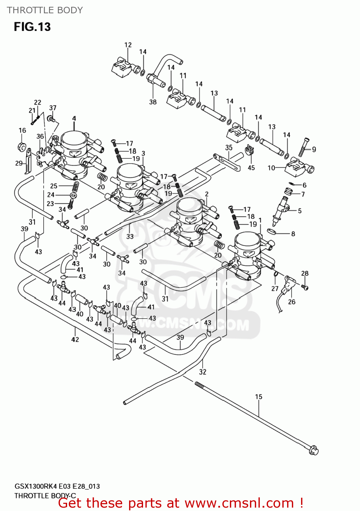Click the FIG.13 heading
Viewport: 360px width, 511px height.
(32, 27)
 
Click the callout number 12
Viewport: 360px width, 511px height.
(128, 45)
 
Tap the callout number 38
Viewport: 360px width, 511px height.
(153, 102)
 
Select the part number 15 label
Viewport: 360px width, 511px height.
(259, 397)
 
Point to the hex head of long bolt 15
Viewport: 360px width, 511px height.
(314, 450)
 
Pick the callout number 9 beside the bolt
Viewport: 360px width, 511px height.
(314, 149)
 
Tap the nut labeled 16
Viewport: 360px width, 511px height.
(22, 147)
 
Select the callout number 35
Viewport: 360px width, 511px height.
(229, 148)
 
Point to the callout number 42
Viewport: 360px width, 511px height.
(75, 339)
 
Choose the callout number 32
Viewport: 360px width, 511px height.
(203, 372)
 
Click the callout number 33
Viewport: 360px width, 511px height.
(130, 236)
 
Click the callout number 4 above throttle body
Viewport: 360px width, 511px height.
(74, 118)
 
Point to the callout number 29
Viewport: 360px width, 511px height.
(19, 163)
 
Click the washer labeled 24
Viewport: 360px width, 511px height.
(73, 195)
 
